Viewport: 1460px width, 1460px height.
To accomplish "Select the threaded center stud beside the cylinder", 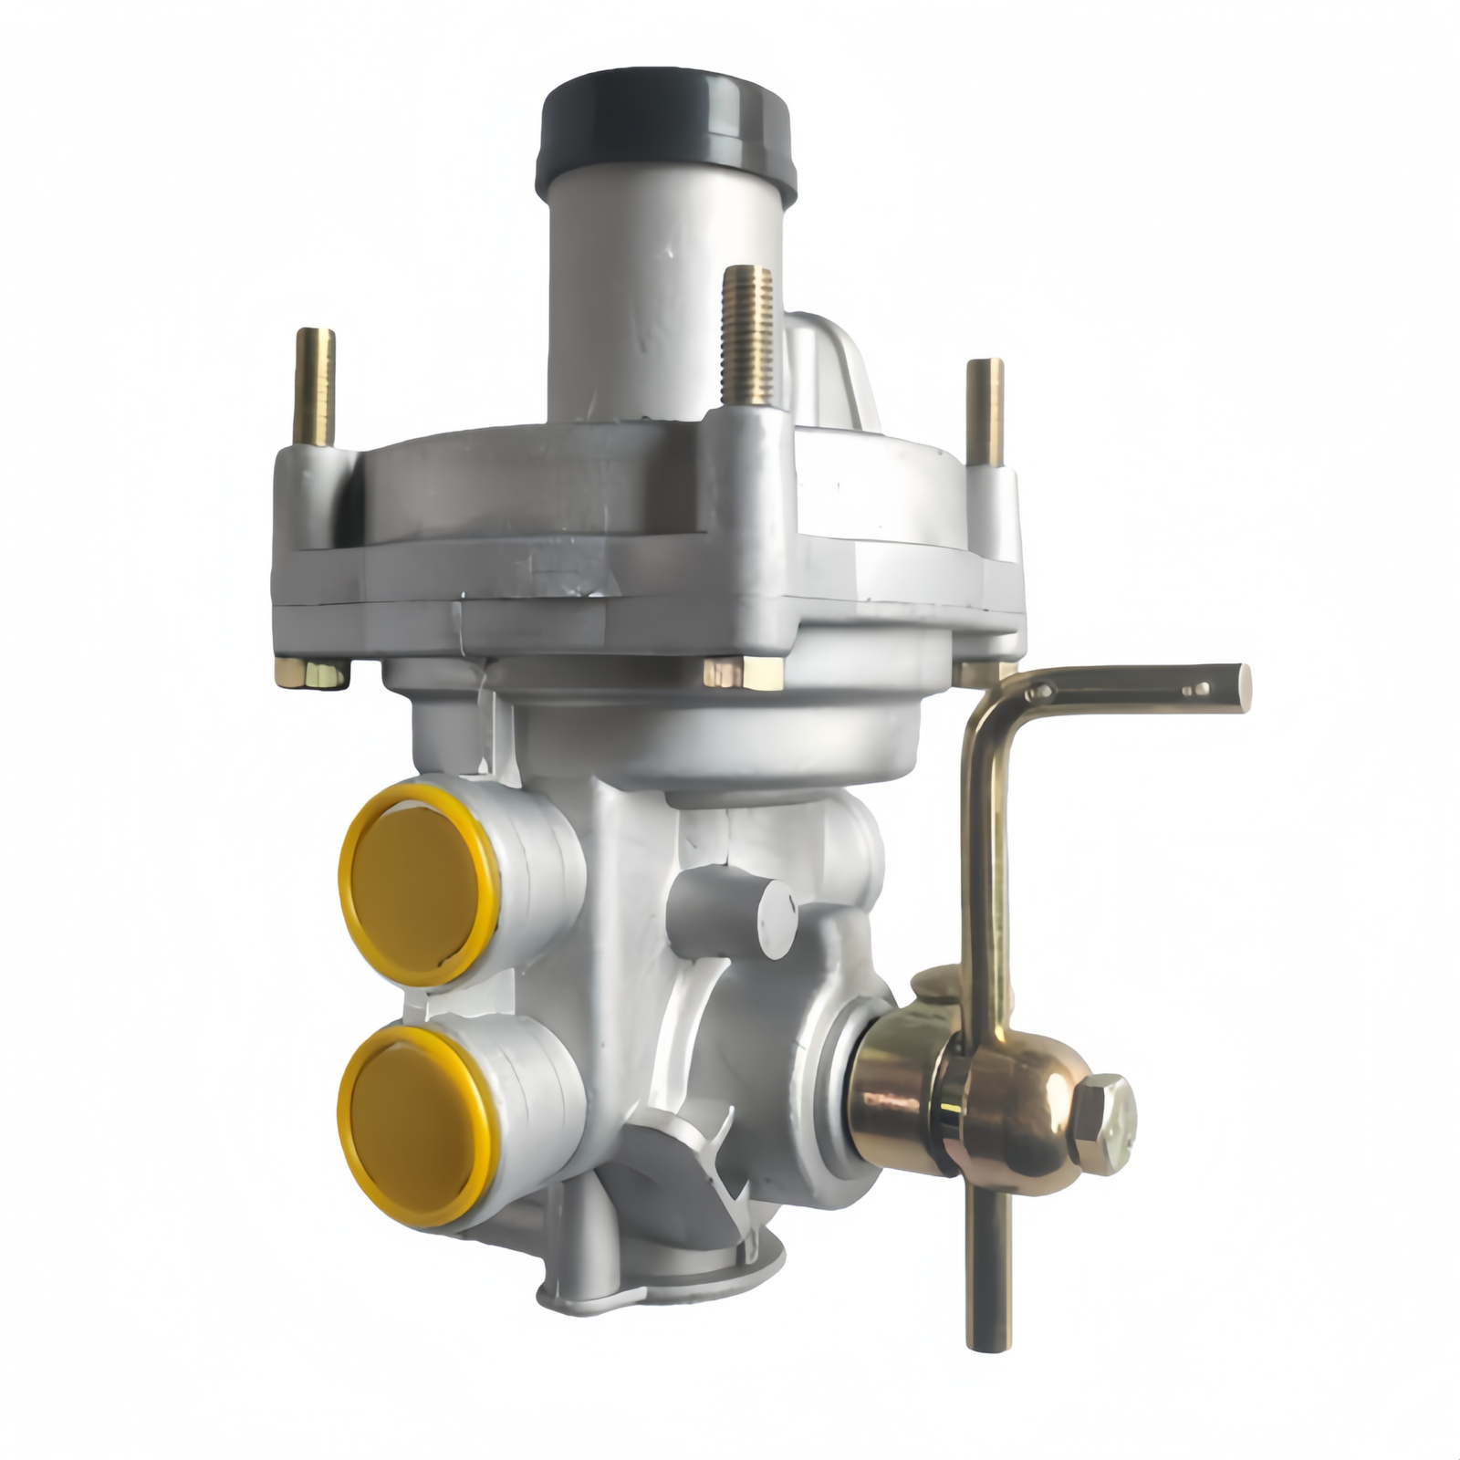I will point(748,338).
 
